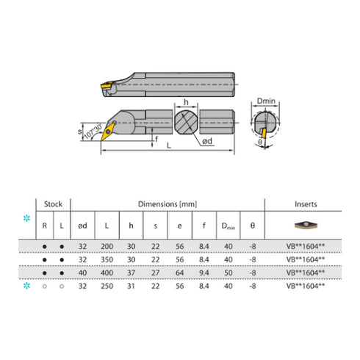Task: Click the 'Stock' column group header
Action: pyautogui.click(x=54, y=204)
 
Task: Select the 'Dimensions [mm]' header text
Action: pyautogui.click(x=168, y=204)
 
